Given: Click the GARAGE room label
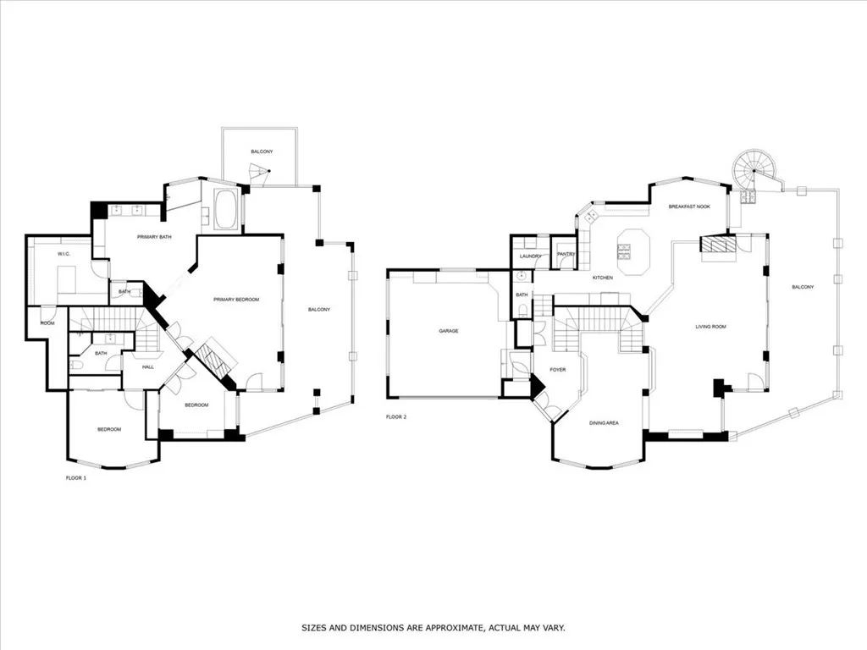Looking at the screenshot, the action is coord(449,331).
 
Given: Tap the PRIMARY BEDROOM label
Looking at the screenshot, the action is coord(236,300).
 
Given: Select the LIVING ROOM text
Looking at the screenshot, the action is coord(710,327).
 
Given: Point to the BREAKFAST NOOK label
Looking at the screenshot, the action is coord(689,207).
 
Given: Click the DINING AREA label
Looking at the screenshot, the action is coord(604,423).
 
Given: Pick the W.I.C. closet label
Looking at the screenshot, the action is coord(64,254).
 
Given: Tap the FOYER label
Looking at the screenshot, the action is coord(557,370).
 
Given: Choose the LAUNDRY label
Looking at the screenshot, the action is coord(530,256).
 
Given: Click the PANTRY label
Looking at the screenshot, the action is coord(566,254).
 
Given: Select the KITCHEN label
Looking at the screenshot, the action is coord(602,278).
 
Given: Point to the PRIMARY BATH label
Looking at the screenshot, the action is coord(154,237).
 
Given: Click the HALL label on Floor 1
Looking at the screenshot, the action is coord(147,367).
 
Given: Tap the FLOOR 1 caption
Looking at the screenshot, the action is coord(75,478).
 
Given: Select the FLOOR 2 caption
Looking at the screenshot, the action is coord(396,416).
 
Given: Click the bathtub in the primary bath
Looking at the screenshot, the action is coord(225,209).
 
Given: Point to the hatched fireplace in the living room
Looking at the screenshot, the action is coord(719,244).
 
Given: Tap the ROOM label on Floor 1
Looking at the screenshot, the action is coord(47,322).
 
